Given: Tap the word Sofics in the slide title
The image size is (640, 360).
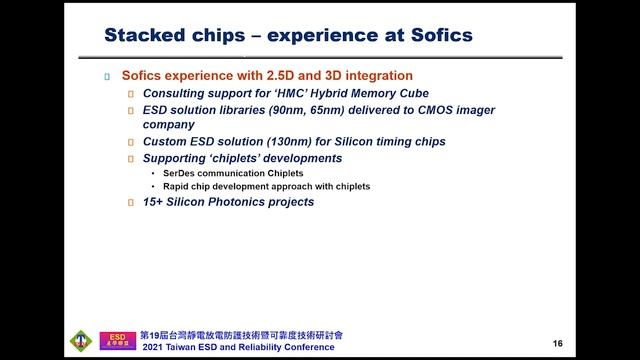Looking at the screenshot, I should point(436,37).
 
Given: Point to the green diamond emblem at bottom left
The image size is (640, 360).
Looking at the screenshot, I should point(81,340).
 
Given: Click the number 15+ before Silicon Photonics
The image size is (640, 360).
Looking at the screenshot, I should point(155,202).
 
